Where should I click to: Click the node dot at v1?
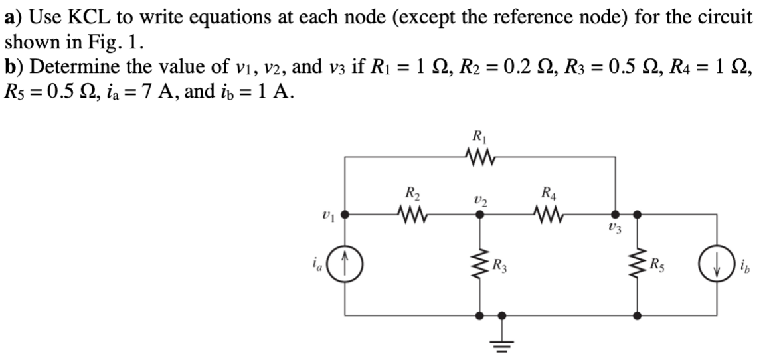[x=345, y=215]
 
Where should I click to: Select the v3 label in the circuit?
[x=614, y=230]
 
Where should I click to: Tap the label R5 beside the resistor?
[x=659, y=269]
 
